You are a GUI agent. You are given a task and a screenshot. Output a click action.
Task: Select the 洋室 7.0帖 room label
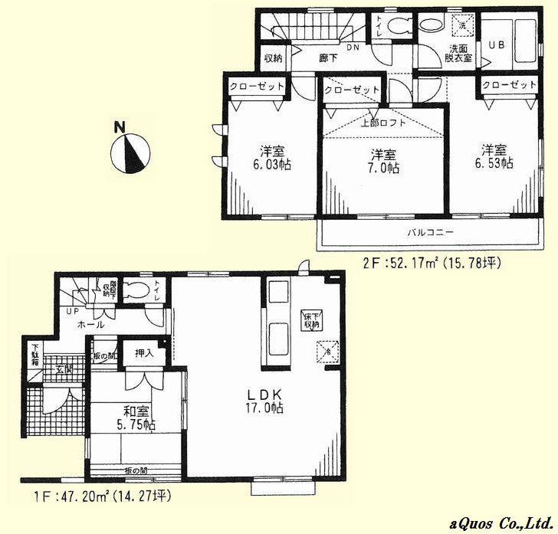[x=381, y=161]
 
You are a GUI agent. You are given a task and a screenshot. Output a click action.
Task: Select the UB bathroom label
[x=495, y=44]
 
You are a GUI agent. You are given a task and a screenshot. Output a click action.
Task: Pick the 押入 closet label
[x=144, y=353]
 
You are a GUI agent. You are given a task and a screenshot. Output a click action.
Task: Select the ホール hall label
[x=85, y=325]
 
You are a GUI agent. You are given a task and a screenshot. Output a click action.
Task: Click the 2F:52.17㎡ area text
[x=432, y=264]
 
